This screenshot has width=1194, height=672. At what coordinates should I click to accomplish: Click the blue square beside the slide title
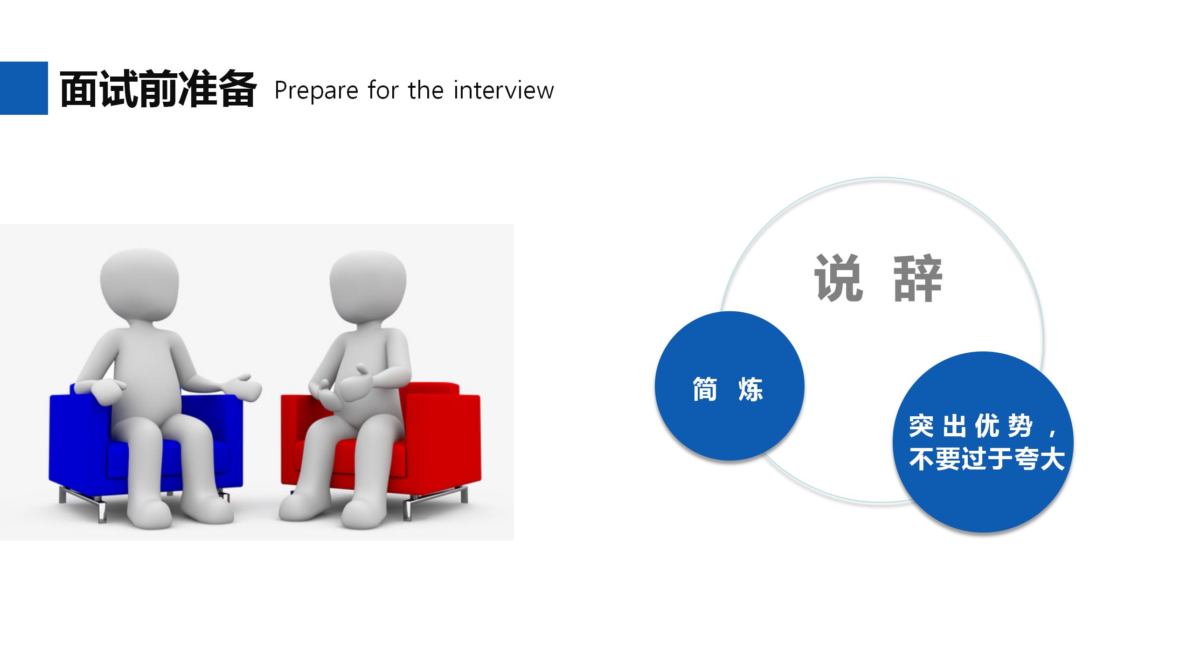(x=24, y=88)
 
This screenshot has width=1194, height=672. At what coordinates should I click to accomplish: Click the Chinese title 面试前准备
(x=158, y=89)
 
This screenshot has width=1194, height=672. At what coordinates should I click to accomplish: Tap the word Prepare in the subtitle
(x=316, y=91)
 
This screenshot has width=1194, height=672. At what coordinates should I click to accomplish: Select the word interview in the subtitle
(x=504, y=90)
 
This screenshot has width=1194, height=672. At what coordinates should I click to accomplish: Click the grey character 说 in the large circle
(x=839, y=278)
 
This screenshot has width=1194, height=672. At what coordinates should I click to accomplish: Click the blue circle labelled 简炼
(x=729, y=386)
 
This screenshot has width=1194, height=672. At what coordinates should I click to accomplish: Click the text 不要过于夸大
(x=986, y=459)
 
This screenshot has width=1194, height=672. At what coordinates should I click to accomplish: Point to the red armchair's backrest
(x=434, y=390)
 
